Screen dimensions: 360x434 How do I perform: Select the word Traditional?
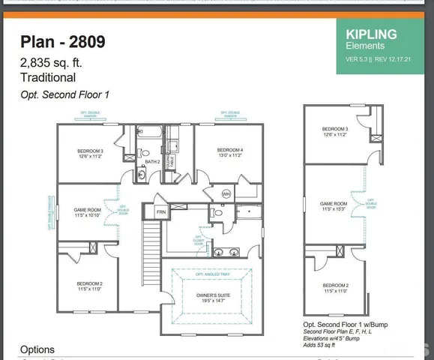pos(47,77)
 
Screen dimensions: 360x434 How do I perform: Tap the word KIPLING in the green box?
pos(370,34)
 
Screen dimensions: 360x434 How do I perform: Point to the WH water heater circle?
pos(226,194)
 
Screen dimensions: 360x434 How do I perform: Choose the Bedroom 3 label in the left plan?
pos(90,153)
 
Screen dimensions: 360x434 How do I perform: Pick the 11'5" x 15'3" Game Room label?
pos(334,206)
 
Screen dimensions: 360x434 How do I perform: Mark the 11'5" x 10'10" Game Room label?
pos(88,212)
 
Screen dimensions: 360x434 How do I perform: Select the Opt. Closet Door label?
pos(199,240)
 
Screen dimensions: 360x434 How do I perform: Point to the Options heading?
pos(37,349)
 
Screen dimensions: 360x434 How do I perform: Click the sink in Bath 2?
pos(142,176)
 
